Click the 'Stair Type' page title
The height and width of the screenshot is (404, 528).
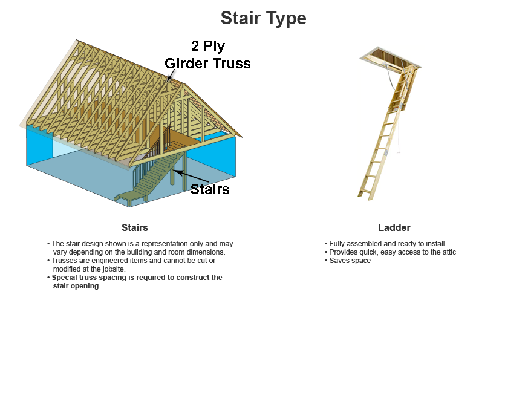pyautogui.click(x=263, y=18)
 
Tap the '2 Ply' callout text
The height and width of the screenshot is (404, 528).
pyautogui.click(x=208, y=46)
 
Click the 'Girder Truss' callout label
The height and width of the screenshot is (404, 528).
pyautogui.click(x=208, y=64)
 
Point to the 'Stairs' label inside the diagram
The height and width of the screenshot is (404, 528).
pyautogui.click(x=210, y=189)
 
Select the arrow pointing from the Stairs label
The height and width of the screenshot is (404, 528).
pyautogui.click(x=191, y=177)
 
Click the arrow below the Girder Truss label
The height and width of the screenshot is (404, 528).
pyautogui.click(x=171, y=75)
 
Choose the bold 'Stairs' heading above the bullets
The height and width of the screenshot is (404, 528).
pyautogui.click(x=135, y=227)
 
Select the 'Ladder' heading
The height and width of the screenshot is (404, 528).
pyautogui.click(x=394, y=227)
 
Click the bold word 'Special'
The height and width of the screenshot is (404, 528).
pyautogui.click(x=65, y=278)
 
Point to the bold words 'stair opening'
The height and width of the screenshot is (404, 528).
pyautogui.click(x=76, y=286)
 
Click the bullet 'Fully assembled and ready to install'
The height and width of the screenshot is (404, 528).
pyautogui.click(x=387, y=243)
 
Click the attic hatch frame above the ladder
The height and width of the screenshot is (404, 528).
pyautogui.click(x=391, y=57)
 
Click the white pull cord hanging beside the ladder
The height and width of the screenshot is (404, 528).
pyautogui.click(x=399, y=135)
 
